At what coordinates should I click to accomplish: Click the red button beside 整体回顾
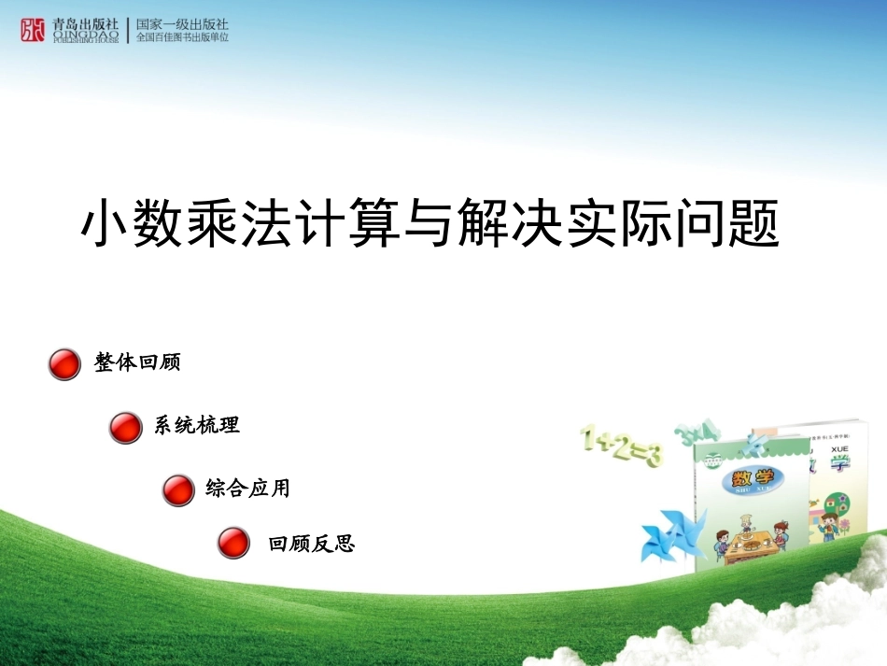click(64, 364)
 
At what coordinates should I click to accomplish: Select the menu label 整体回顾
click(137, 362)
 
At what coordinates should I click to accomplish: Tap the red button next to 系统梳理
click(125, 427)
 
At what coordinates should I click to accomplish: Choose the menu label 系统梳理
click(197, 425)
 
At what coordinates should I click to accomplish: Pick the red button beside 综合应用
click(178, 489)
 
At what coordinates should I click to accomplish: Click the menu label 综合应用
click(248, 488)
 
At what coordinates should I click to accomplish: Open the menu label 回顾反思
click(312, 543)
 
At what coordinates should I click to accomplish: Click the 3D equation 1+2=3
click(621, 446)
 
